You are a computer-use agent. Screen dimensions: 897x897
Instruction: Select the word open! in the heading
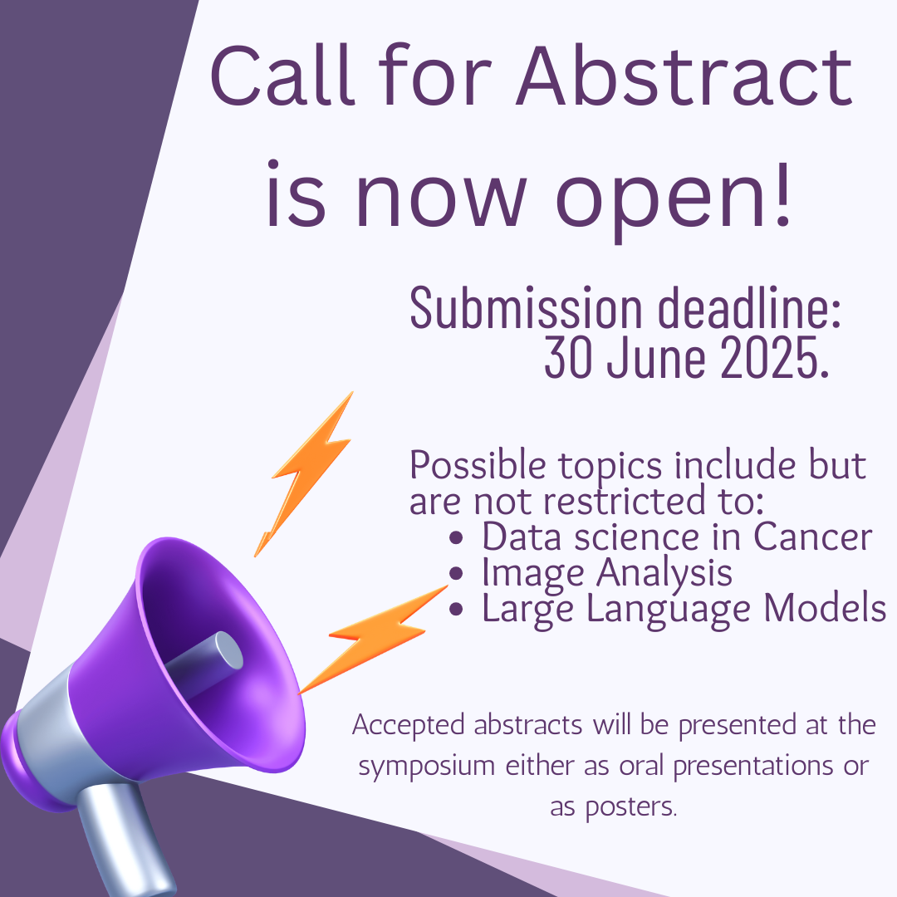click(674, 196)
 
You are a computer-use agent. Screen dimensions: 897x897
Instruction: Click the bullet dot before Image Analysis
click(456, 573)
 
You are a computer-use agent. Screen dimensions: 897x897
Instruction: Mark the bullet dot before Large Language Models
click(456, 609)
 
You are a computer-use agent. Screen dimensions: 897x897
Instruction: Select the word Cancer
click(812, 537)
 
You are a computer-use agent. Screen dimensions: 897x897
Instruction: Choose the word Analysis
click(664, 573)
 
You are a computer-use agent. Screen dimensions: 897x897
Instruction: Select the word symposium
click(427, 766)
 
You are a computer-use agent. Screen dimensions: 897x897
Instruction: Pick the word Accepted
click(409, 725)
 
